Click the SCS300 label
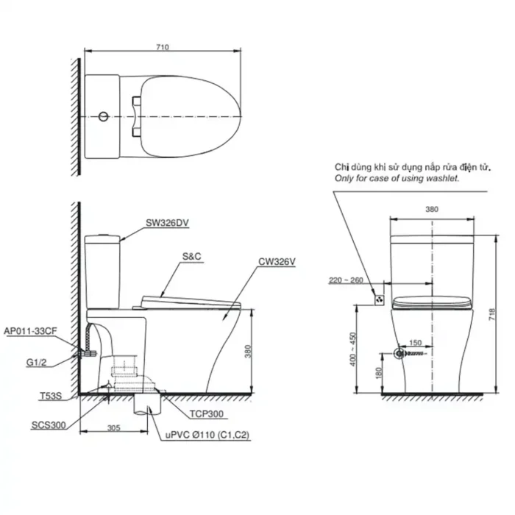pyautogui.click(x=46, y=425)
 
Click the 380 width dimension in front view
pyautogui.click(x=430, y=210)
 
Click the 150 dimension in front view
pyautogui.click(x=415, y=342)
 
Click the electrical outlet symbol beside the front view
pyautogui.click(x=379, y=299)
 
